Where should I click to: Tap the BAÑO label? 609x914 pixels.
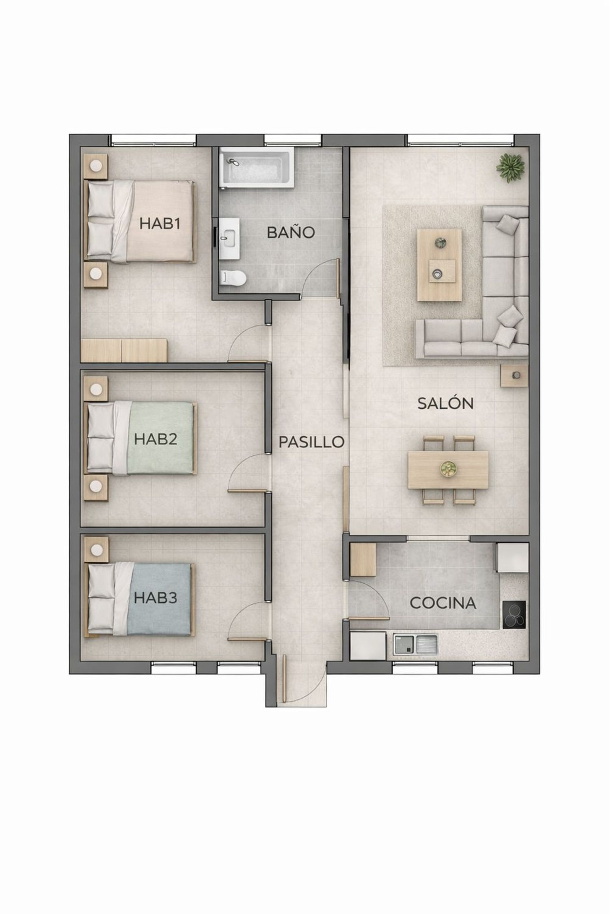coord(291,232)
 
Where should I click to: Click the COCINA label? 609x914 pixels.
coord(443,603)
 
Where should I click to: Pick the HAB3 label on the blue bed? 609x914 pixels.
coord(155,598)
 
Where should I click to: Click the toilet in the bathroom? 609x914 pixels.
coord(233,278)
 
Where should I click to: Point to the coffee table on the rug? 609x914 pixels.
coord(439,265)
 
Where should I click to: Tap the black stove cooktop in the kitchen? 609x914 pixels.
coord(514,615)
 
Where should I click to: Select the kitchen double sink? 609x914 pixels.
coord(415,644)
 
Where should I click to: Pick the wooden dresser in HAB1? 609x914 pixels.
coord(124,350)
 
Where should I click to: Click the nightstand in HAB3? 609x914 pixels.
coord(96,550)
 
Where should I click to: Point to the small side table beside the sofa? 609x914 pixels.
coord(514,375)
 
